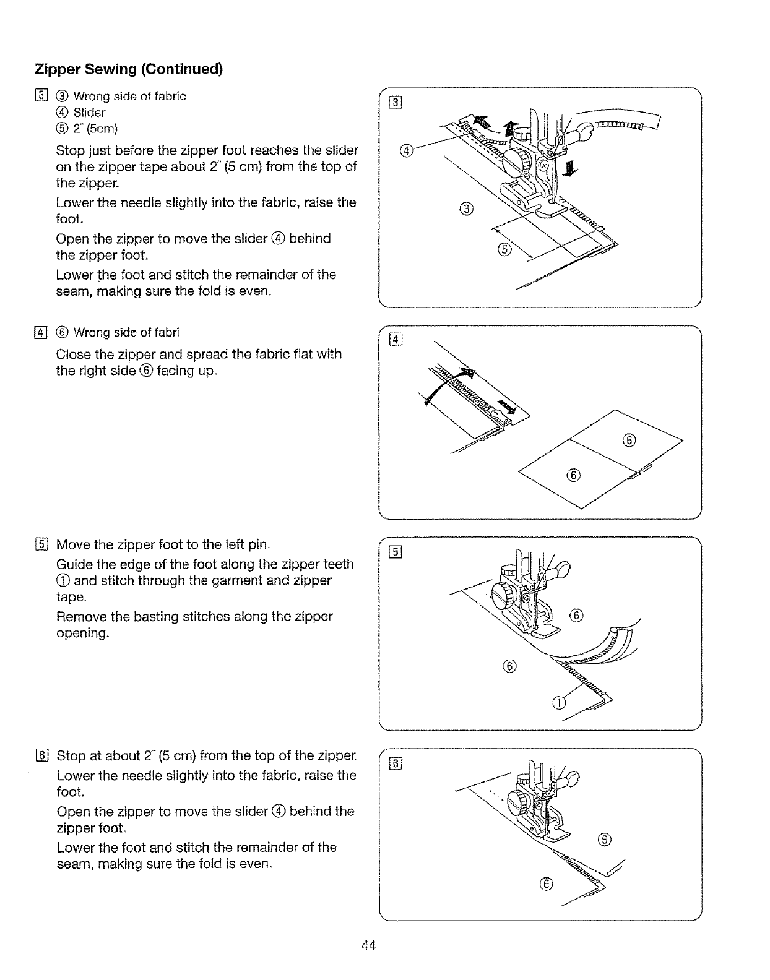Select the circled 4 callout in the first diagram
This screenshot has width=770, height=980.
pos(405,150)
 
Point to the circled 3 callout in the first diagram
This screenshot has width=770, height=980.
pos(467,210)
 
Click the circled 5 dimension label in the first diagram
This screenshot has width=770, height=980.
pos(504,249)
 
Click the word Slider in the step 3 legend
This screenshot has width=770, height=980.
pos(89,113)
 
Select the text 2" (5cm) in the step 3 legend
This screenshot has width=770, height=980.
pos(95,129)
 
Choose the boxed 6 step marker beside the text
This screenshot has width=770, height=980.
pos(41,756)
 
